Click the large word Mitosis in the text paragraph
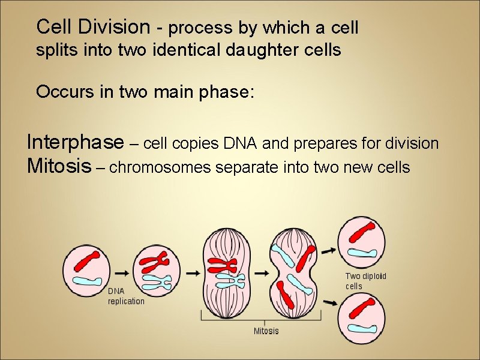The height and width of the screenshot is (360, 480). tap(57, 167)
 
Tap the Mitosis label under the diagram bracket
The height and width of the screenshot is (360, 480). tap(266, 331)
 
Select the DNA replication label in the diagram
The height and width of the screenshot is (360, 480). tap(126, 296)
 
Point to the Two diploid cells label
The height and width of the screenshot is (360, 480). tap(365, 281)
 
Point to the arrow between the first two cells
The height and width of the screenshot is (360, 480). tap(122, 272)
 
